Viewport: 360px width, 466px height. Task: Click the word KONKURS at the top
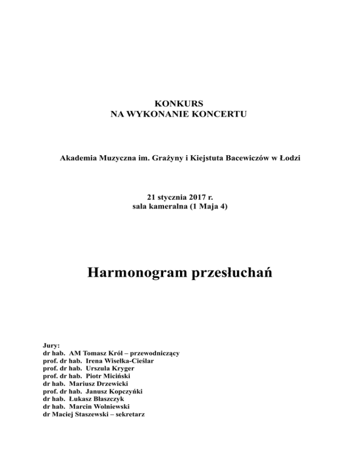tap(180, 103)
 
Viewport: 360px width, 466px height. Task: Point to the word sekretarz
tap(126, 414)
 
